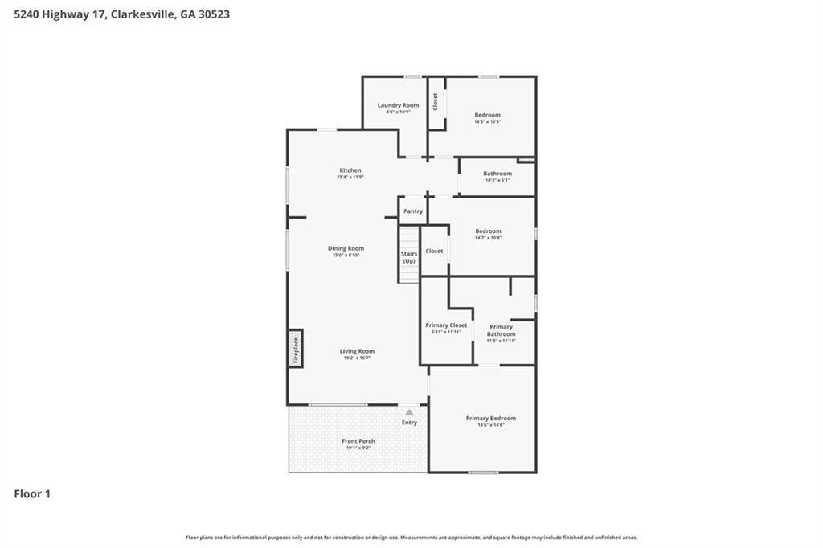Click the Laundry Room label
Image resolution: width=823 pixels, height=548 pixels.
pos(398,105)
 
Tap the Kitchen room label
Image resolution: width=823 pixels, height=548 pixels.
pos(350,170)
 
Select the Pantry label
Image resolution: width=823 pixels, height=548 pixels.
pos(413,211)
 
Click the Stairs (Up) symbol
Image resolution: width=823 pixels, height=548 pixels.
pos(409,256)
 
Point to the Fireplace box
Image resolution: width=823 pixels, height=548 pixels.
pos(295,348)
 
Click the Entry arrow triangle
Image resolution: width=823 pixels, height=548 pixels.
pos(409,412)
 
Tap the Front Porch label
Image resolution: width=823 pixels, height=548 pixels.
pos(358,441)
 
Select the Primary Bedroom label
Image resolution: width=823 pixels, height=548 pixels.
pos(490,418)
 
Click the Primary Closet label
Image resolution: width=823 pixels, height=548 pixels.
pos(446,325)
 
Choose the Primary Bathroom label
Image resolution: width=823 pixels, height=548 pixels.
pos(501,330)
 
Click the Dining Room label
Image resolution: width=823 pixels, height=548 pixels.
pos(346,248)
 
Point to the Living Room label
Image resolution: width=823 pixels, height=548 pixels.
pos(357,351)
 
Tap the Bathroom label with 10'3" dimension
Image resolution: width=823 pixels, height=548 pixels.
pos(497,174)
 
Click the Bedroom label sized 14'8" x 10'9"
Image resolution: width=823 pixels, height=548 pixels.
pos(487,115)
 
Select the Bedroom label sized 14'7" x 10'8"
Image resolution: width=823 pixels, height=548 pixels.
pos(488,231)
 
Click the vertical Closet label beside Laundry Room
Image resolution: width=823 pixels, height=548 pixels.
pos(436,102)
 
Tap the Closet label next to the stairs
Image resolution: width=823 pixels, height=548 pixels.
pos(434,251)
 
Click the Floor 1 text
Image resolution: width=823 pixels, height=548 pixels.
pos(32,494)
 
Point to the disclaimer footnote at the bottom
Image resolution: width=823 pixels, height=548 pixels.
pos(411,538)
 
